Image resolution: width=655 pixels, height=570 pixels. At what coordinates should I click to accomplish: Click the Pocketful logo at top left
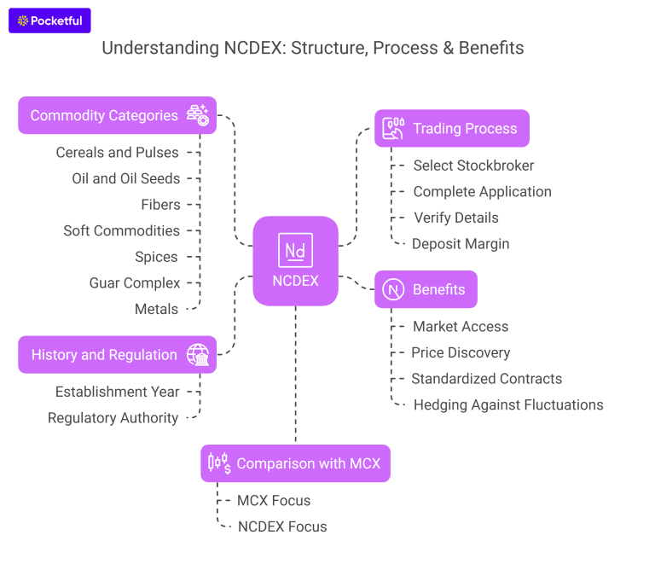tap(49, 20)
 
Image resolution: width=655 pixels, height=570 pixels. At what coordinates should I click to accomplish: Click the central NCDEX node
tap(295, 260)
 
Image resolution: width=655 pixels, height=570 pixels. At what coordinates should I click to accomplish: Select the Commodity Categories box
tap(117, 115)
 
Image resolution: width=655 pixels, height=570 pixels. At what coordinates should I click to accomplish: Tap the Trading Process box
tap(451, 129)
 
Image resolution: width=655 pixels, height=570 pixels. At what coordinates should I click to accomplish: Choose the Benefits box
tap(426, 289)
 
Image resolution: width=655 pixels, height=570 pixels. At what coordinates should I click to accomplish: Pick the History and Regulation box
tap(117, 355)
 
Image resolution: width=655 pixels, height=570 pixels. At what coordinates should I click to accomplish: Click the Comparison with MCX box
tap(295, 463)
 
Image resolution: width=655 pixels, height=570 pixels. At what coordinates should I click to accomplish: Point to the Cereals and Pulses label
tap(118, 153)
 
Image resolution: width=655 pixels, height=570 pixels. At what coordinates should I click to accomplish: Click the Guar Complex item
tap(135, 283)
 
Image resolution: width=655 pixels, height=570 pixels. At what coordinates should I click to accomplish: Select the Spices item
tap(156, 257)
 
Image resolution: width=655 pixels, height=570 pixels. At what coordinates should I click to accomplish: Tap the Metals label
tap(156, 309)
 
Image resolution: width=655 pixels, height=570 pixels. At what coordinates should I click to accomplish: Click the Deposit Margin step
tap(461, 244)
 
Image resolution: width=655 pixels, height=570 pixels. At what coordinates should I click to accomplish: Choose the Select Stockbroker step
tap(473, 166)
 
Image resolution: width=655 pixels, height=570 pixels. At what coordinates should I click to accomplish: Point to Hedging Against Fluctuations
tap(507, 405)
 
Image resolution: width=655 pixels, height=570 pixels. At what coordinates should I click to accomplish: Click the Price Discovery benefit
tap(461, 352)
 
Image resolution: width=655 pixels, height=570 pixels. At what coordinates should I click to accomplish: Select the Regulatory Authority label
tap(113, 418)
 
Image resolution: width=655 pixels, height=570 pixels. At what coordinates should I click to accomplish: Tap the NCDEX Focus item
tap(282, 526)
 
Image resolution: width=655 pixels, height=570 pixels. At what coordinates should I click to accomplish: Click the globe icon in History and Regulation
tap(198, 355)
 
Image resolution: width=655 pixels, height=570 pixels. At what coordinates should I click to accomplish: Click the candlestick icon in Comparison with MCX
tap(218, 463)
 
